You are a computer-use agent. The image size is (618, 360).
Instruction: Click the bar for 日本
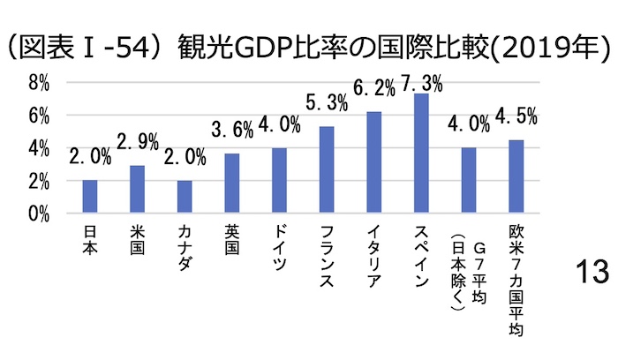click(89, 197)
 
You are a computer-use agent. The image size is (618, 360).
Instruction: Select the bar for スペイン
click(421, 154)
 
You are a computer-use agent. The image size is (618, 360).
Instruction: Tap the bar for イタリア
click(373, 162)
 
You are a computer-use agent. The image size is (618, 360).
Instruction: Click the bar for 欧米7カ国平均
click(516, 176)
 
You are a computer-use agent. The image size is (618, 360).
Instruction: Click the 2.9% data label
click(138, 141)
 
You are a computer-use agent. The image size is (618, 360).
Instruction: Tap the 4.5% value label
click(516, 116)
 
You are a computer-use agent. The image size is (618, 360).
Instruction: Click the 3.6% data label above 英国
click(231, 131)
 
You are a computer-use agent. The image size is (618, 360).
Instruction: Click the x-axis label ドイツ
click(279, 248)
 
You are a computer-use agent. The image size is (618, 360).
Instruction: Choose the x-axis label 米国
click(137, 242)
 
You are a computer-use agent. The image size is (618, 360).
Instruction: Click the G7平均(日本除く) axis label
click(469, 265)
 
